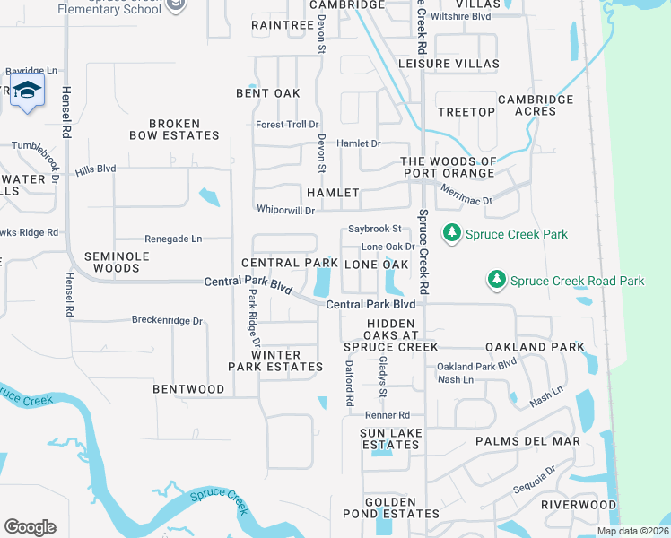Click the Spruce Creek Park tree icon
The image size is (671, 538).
coord(452,234)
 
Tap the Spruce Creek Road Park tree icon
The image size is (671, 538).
coord(497,281)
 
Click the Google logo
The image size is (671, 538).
coord(30,527)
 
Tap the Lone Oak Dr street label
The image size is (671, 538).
coord(388,247)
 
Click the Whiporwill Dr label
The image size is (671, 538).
coord(285,211)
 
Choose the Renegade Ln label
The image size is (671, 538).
coord(173,239)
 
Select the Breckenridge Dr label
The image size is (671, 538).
coord(168,319)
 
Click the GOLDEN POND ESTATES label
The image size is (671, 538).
coord(390,508)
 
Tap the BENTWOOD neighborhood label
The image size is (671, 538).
coord(188,389)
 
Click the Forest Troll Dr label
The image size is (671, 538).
coord(287,125)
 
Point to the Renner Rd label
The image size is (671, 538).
coord(387,415)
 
